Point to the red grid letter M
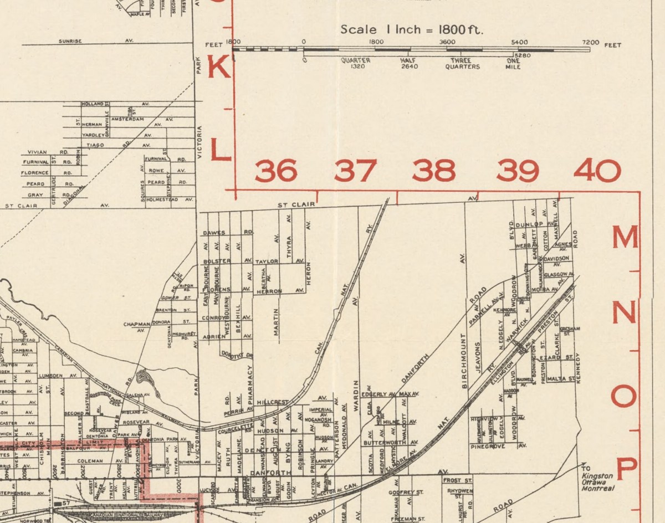click(625, 238)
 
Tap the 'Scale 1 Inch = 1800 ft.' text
click(411, 29)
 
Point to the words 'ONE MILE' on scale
click(513, 64)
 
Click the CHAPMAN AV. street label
click(137, 327)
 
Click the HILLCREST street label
click(273, 402)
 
